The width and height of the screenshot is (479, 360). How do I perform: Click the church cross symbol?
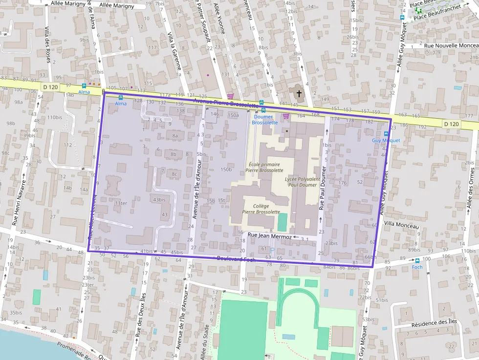pyautogui.click(x=299, y=93)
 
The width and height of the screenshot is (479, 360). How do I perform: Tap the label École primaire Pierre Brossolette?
pyautogui.click(x=265, y=168)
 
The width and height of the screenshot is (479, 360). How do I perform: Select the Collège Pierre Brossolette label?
pyautogui.click(x=261, y=209)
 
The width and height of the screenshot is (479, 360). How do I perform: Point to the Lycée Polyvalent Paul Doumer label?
pyautogui.click(x=301, y=182)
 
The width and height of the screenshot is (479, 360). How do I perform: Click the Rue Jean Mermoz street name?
pyautogui.click(x=270, y=236)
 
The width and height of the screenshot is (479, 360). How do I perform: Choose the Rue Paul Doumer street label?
pyautogui.click(x=322, y=188)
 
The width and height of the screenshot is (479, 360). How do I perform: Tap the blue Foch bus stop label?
pyautogui.click(x=417, y=267)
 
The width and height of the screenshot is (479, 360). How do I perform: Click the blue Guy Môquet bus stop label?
pyautogui.click(x=386, y=140)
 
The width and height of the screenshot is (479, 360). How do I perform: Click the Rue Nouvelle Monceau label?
pyautogui.click(x=451, y=45)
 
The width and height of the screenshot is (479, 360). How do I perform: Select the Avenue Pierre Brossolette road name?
pyautogui.click(x=225, y=103)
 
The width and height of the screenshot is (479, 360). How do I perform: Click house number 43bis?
pyautogui.click(x=159, y=200)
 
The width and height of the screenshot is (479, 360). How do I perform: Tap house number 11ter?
pyautogui.click(x=121, y=203)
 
